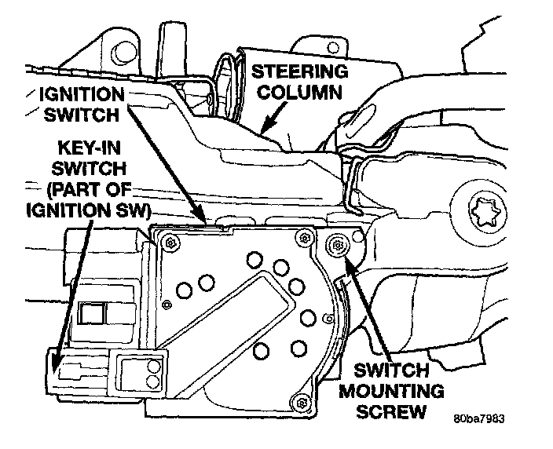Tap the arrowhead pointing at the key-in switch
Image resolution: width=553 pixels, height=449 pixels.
[55, 366]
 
